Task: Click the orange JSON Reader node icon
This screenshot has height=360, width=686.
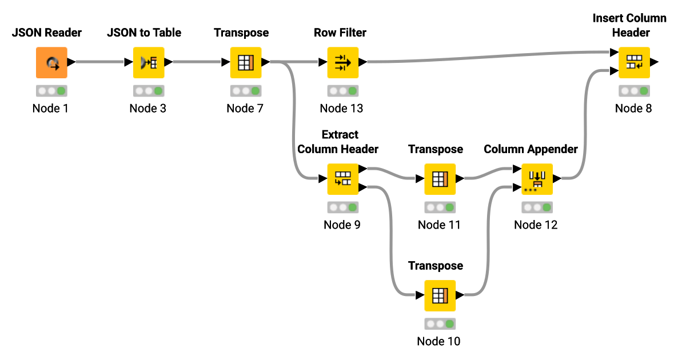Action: tap(51, 62)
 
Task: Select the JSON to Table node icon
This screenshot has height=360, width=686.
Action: tap(149, 62)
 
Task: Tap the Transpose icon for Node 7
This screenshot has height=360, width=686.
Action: tap(246, 62)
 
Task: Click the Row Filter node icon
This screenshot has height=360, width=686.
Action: tap(342, 62)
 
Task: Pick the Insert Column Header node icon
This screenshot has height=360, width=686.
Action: tap(634, 62)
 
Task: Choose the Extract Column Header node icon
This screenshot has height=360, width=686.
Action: tap(342, 179)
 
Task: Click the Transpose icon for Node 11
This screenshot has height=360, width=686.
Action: tap(440, 179)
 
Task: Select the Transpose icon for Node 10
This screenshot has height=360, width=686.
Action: tap(440, 295)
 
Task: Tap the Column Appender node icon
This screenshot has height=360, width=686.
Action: tap(537, 179)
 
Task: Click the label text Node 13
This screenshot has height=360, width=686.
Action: tap(341, 108)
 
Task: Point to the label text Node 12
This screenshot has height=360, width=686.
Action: tap(536, 225)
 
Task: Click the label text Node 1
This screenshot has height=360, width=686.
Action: tap(50, 108)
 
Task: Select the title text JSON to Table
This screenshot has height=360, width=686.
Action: tap(144, 33)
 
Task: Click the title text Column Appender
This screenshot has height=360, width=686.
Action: tap(531, 149)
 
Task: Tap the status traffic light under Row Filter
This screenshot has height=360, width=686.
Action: tap(342, 90)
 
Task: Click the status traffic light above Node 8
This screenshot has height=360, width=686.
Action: tap(634, 90)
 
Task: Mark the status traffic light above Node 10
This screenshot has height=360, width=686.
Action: tap(440, 324)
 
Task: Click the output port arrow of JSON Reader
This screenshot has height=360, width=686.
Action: tap(71, 62)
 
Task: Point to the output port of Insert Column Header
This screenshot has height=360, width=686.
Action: tap(653, 62)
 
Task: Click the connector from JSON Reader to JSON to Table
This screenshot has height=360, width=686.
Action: tap(100, 62)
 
